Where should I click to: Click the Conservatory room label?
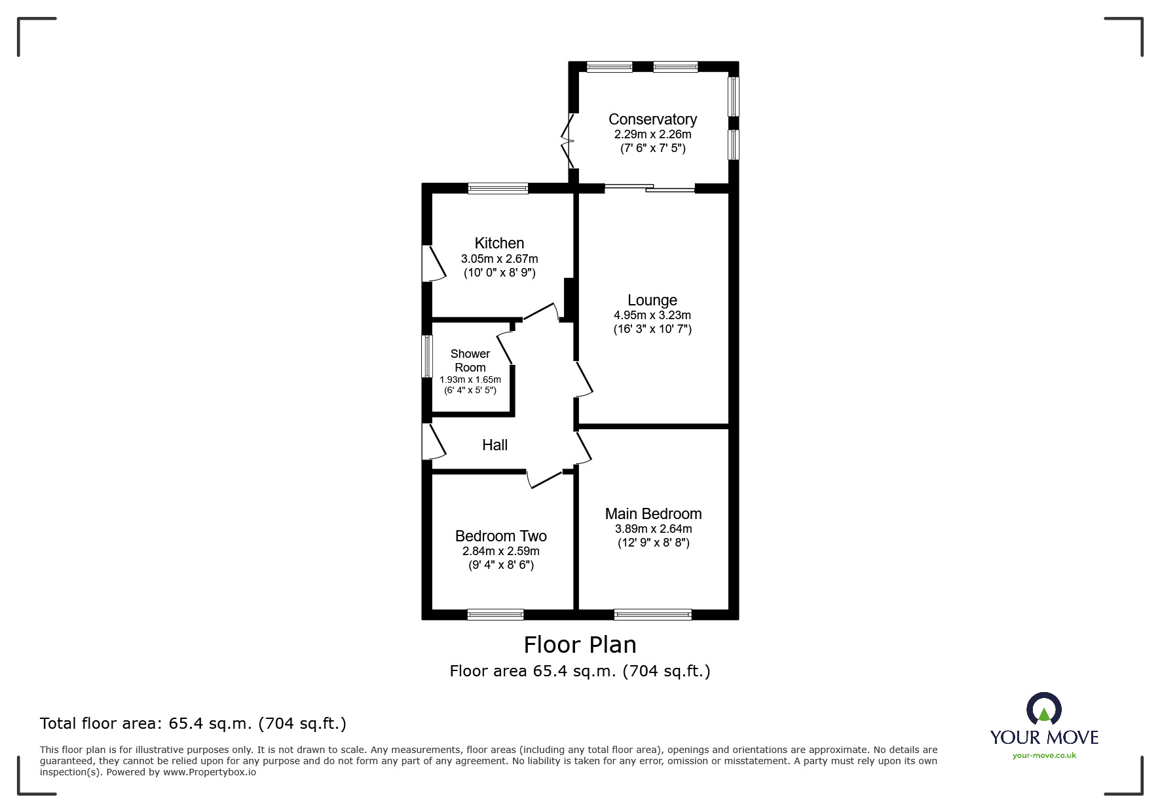652,119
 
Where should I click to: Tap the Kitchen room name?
499,243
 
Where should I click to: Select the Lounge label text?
652,300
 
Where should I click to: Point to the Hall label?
495,445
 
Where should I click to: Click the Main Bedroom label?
653,514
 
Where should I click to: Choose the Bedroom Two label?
501,536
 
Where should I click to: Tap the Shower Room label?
470,360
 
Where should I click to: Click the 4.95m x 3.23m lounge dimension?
652,315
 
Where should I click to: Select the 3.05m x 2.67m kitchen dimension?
499,259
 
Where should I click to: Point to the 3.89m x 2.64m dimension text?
653,529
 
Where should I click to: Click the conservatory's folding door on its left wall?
567,140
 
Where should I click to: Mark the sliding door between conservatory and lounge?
649,188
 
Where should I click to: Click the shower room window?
427,356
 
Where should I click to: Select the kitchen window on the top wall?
498,188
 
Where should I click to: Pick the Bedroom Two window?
496,614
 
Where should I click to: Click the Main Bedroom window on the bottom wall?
653,614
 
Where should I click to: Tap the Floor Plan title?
580,645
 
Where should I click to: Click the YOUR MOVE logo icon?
1043,710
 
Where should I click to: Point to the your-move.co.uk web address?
1044,756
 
